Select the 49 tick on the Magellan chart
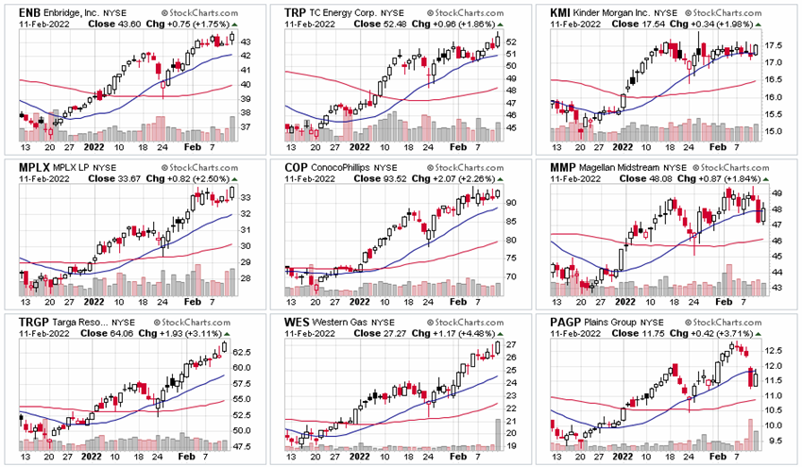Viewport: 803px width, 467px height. point(774,192)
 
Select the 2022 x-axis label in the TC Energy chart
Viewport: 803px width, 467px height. point(360,147)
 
